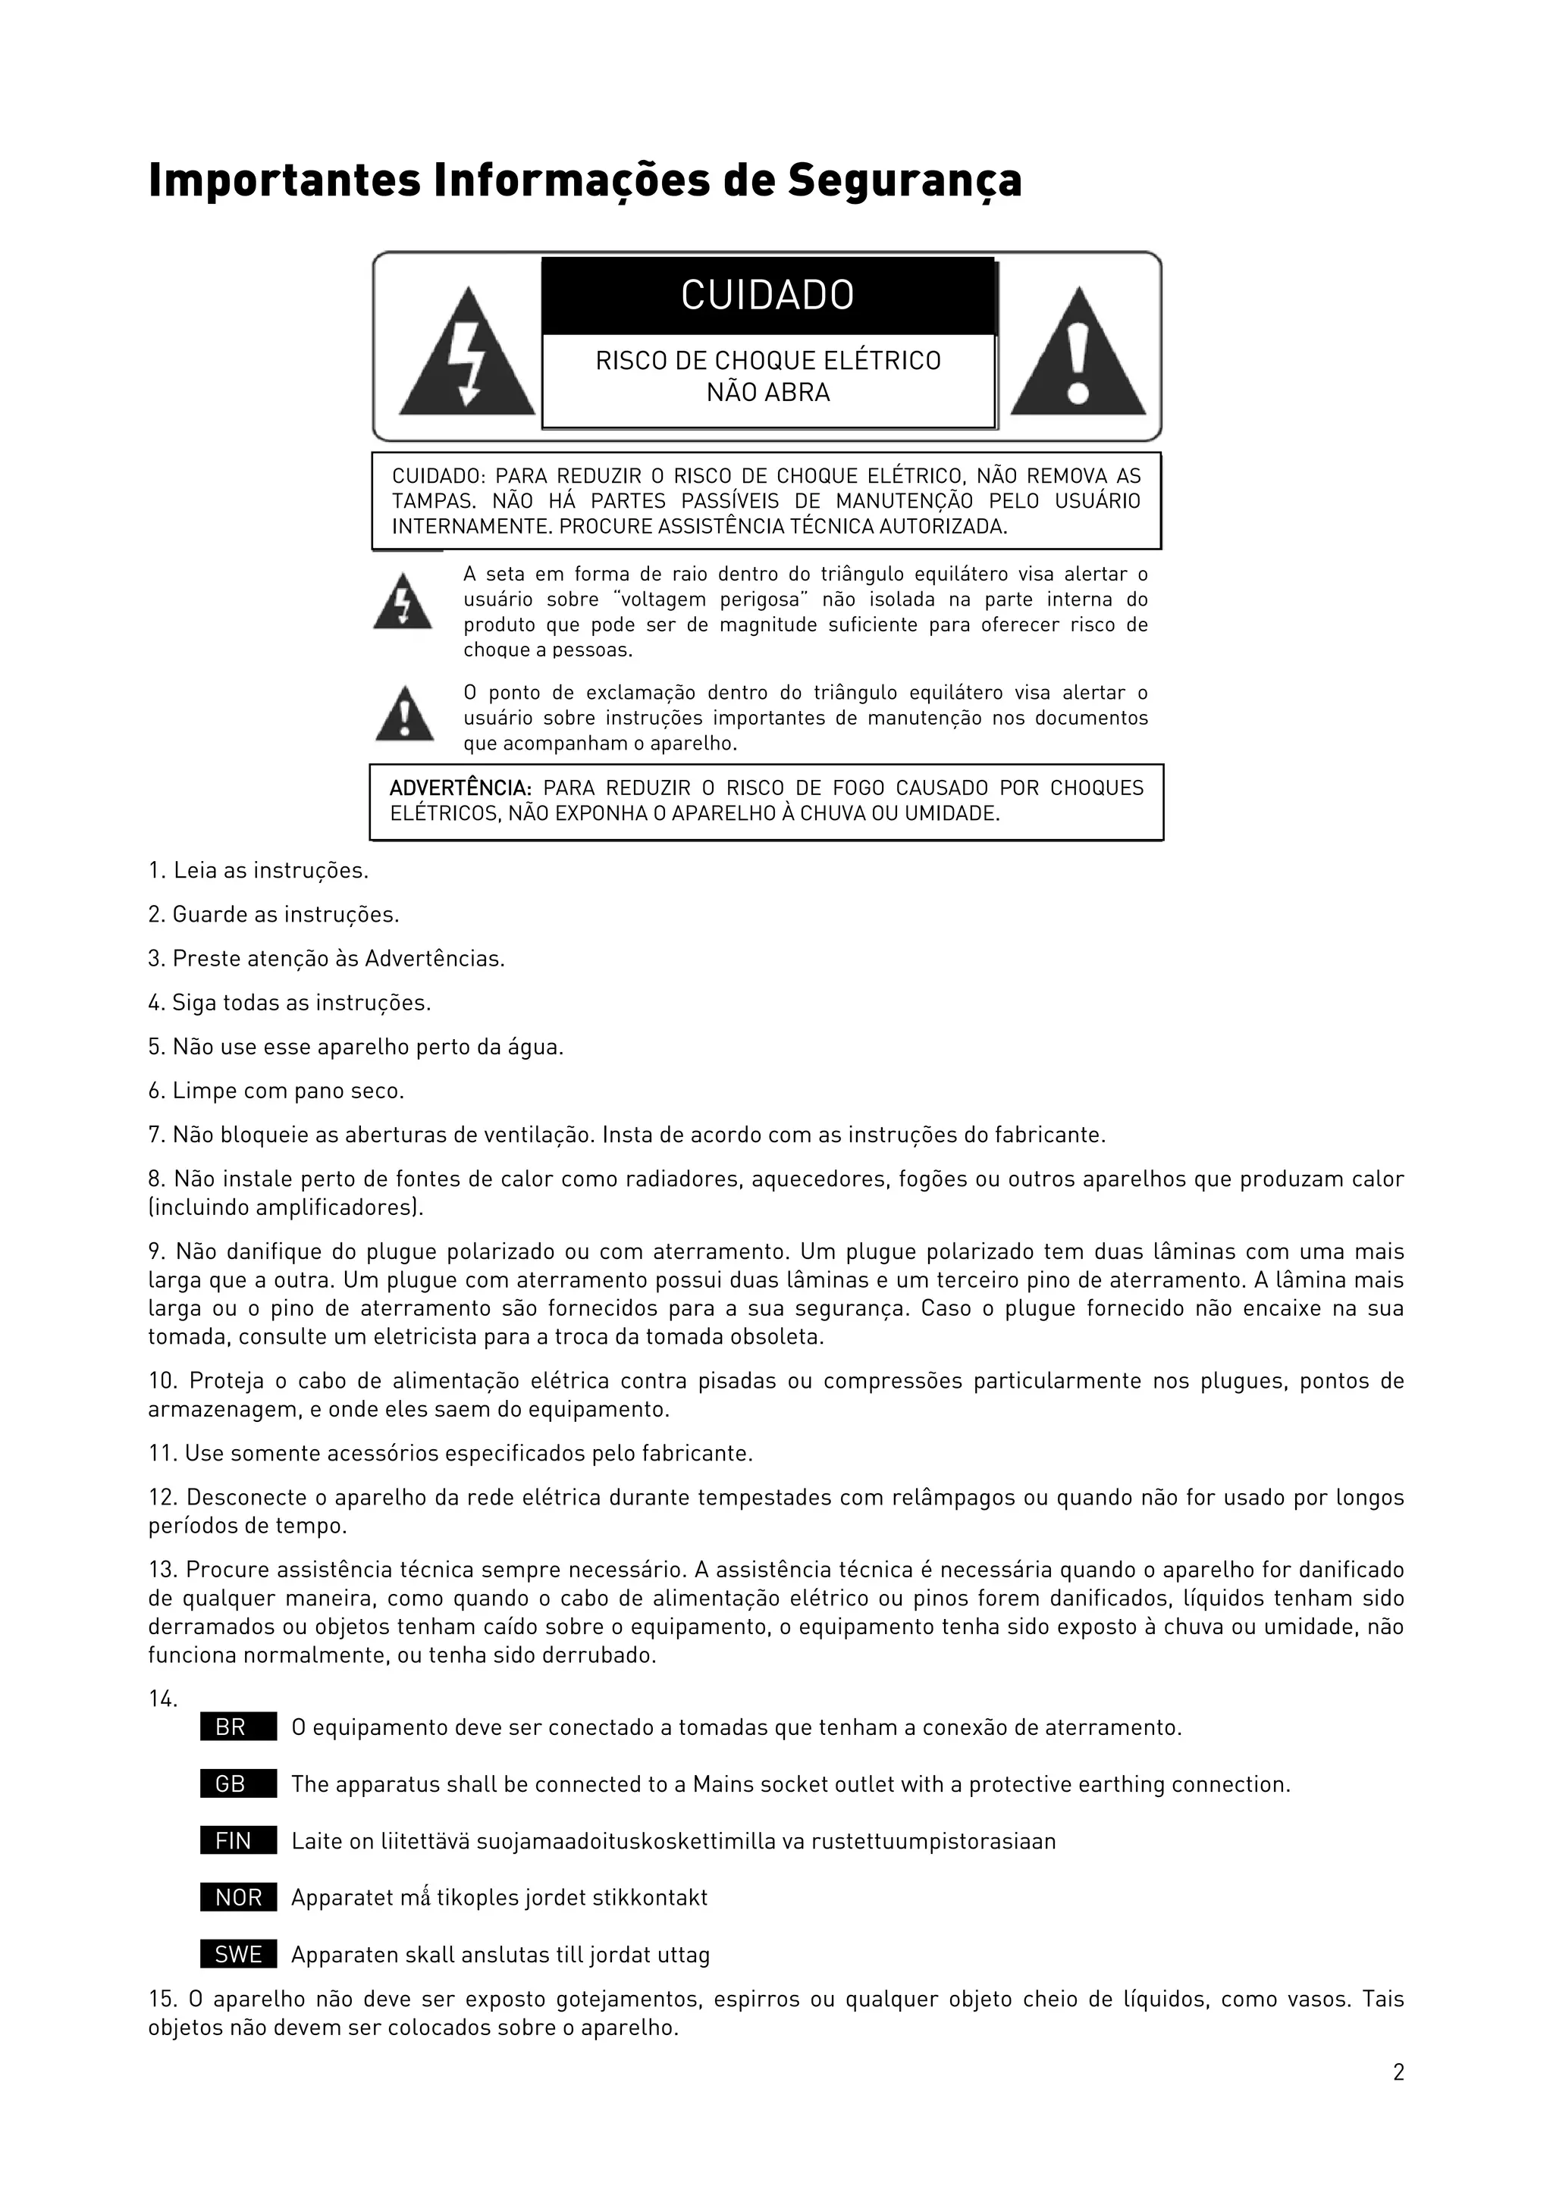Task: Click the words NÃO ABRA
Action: pos(768,393)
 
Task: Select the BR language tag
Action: pos(238,1727)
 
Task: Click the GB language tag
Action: pos(238,1784)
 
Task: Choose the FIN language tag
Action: pos(238,1841)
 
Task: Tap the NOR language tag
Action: pos(238,1898)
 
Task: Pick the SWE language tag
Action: pos(238,1955)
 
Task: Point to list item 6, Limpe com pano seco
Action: pos(276,1091)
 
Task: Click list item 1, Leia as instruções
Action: pos(258,871)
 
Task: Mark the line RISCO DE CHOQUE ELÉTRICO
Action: pos(768,361)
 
